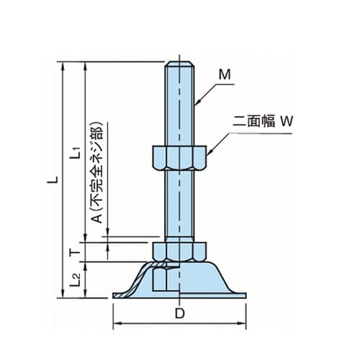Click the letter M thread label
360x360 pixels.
[225, 75]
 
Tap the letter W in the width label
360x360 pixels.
[287, 121]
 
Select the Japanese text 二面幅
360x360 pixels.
[253, 121]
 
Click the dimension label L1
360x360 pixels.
[75, 153]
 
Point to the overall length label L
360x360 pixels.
[53, 179]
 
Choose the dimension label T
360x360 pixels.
[75, 253]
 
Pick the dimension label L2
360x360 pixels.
[75, 280]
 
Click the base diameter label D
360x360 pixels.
[179, 313]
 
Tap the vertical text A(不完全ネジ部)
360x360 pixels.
[97, 172]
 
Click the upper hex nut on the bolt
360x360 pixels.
[179, 158]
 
